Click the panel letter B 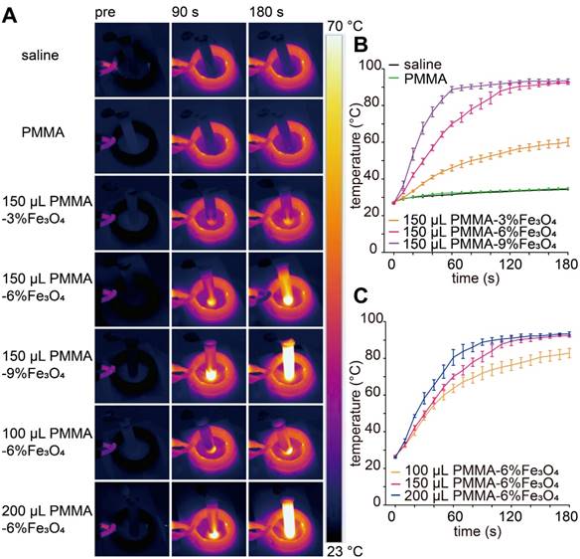(x=362, y=45)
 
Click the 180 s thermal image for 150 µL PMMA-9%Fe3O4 (x=284, y=364)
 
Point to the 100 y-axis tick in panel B (x=370, y=67)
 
